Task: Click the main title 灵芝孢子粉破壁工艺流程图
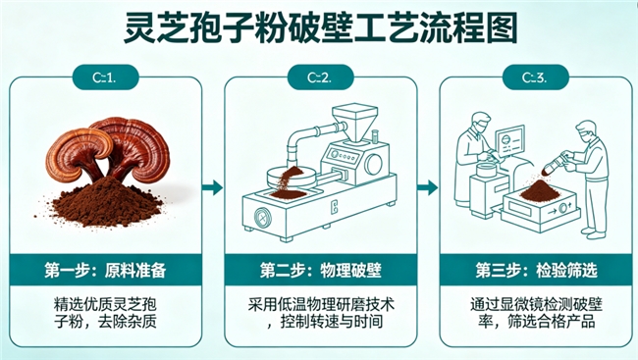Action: (320, 27)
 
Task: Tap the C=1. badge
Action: (105, 77)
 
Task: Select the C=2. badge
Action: (320, 77)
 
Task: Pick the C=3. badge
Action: (535, 77)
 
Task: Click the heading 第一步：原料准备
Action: (105, 270)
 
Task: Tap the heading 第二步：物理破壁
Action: (321, 270)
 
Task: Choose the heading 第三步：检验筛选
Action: (536, 270)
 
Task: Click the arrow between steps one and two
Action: (213, 187)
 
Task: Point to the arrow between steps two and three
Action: (428, 187)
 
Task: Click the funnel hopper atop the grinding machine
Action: (354, 122)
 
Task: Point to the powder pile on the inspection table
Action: (541, 190)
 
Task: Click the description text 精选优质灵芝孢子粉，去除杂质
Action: (105, 313)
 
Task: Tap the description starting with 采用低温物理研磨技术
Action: (321, 313)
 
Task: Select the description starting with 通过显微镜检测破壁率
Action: (536, 313)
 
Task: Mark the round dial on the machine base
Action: (262, 217)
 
